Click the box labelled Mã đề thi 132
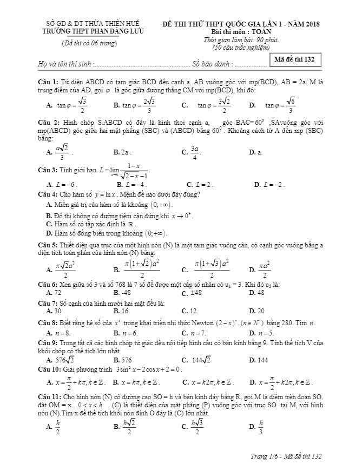click(x=298, y=59)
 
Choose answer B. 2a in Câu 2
click(x=122, y=153)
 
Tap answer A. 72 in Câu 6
click(x=54, y=292)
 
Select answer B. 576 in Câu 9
click(x=122, y=359)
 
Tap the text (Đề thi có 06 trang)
click(x=90, y=43)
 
